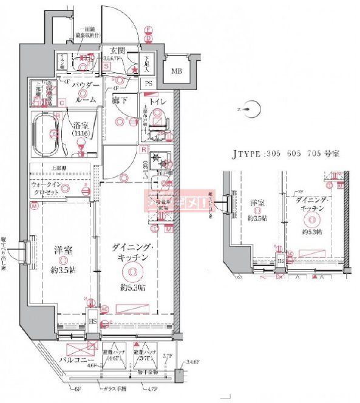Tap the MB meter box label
click(x=175, y=71)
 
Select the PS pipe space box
click(x=148, y=84)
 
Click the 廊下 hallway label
click(x=119, y=101)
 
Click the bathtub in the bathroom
click(x=44, y=134)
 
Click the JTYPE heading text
click(x=282, y=154)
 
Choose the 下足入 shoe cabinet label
click(x=147, y=63)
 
